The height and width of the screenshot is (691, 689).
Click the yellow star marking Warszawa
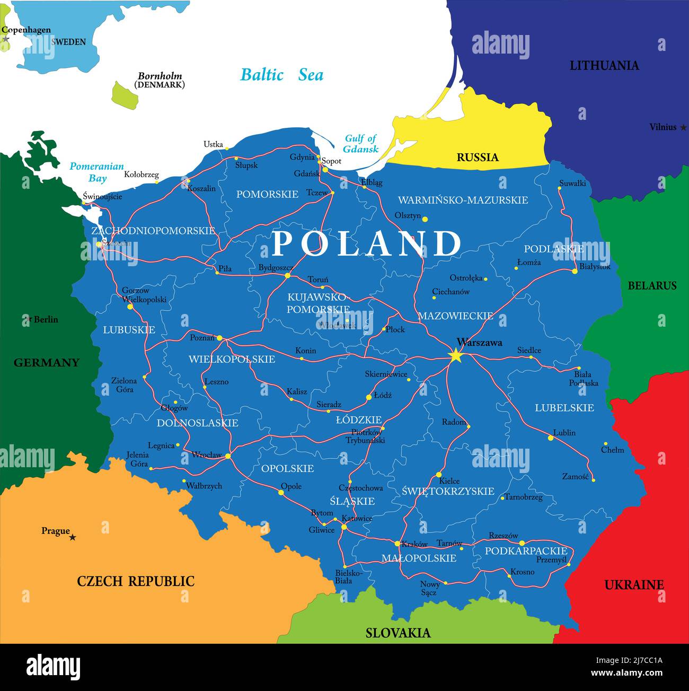(x=455, y=355)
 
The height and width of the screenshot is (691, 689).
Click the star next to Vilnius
(x=683, y=127)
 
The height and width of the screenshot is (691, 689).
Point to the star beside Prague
(x=73, y=537)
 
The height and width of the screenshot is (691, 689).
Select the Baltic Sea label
(x=281, y=75)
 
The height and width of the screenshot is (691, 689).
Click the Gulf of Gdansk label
(x=360, y=143)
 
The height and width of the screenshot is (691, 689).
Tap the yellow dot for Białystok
(x=575, y=271)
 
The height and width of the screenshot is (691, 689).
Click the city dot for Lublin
(x=551, y=438)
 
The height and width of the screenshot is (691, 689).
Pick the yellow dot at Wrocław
(x=228, y=456)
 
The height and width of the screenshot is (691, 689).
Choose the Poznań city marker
(x=219, y=337)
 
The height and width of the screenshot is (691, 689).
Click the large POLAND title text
(x=367, y=243)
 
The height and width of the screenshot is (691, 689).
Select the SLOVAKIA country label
(x=398, y=633)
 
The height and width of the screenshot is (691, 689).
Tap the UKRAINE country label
(x=634, y=585)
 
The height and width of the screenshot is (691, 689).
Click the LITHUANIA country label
(x=604, y=66)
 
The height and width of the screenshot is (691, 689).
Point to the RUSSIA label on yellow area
(x=478, y=157)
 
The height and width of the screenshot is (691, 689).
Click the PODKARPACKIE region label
(x=526, y=551)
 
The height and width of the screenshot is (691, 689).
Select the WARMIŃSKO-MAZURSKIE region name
(x=463, y=200)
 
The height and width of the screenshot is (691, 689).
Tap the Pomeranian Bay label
(x=96, y=172)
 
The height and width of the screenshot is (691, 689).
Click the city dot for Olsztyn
(x=425, y=218)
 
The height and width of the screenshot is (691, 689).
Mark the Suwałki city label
(x=572, y=183)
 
